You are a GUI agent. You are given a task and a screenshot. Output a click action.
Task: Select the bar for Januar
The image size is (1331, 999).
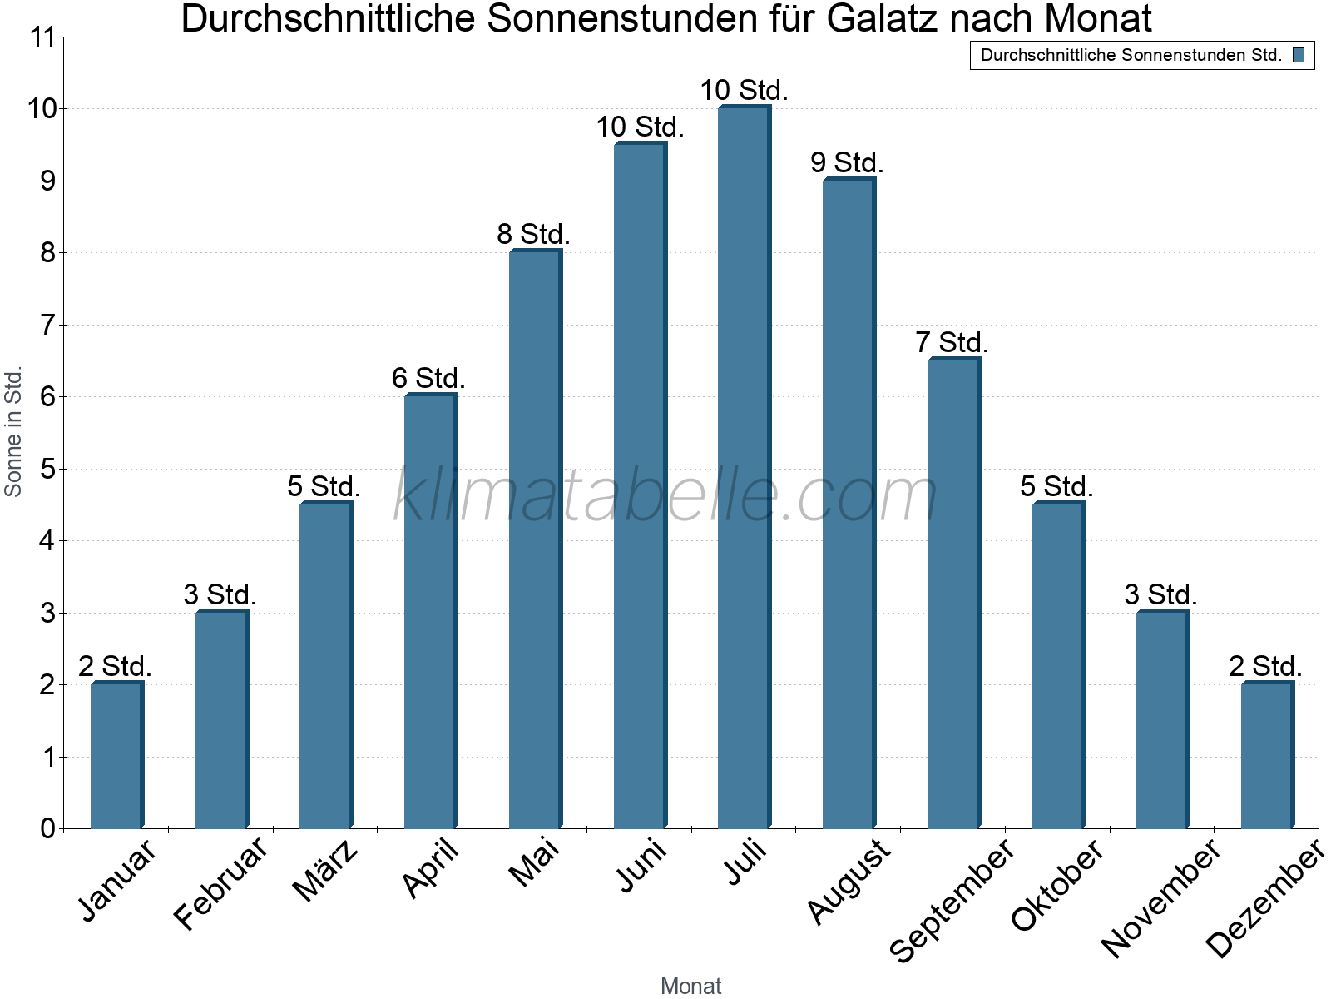pyautogui.click(x=116, y=755)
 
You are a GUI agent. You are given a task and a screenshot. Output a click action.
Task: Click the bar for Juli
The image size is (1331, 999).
pyautogui.click(x=744, y=467)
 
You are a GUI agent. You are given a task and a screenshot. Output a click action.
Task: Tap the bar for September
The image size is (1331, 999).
pyautogui.click(x=953, y=594)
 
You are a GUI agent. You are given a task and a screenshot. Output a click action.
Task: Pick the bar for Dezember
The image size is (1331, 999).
pyautogui.click(x=1267, y=755)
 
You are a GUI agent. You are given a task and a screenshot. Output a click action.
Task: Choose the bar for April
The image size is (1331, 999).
pyautogui.click(x=430, y=611)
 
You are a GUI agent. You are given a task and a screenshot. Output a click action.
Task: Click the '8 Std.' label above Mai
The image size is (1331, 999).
pyautogui.click(x=533, y=235)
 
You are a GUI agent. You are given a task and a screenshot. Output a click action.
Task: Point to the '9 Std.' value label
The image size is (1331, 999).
pyautogui.click(x=847, y=163)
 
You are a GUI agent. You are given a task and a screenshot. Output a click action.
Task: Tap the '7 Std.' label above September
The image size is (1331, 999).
pyautogui.click(x=952, y=342)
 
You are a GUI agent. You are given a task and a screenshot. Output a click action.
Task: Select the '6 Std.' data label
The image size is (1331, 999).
pyautogui.click(x=428, y=379)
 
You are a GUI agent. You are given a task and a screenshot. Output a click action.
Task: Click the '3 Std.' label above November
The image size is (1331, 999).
pyautogui.click(x=1160, y=595)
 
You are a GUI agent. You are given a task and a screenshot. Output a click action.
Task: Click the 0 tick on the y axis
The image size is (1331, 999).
pyautogui.click(x=47, y=828)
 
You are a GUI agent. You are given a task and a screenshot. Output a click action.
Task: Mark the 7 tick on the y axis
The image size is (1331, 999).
pyautogui.click(x=47, y=325)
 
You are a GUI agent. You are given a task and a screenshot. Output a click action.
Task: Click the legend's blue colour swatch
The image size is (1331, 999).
pyautogui.click(x=1299, y=56)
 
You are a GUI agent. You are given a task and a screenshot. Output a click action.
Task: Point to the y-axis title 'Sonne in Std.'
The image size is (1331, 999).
pyautogui.click(x=13, y=431)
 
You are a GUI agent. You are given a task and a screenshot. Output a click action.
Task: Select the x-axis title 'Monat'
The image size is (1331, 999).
pyautogui.click(x=690, y=986)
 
